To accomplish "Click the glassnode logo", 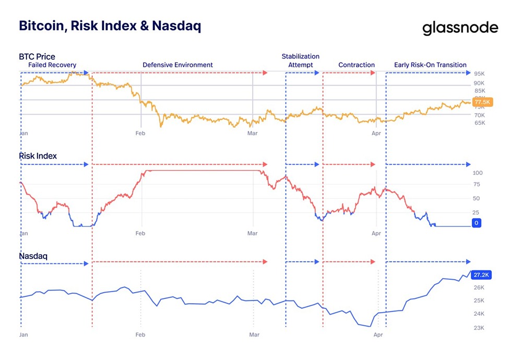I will click(460, 28).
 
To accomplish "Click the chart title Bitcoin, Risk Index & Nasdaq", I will click(110, 26).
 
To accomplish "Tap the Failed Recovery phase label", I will click(52, 65).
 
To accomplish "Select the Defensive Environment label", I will click(177, 65).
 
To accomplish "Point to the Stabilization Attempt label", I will click(301, 61).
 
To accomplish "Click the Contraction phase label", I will click(357, 65).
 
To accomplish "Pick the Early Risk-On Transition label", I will click(430, 65).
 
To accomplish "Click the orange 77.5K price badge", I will click(482, 102).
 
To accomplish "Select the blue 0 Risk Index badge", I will click(477, 223).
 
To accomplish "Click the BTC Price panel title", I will click(37, 56).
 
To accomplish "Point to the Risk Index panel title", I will click(38, 156).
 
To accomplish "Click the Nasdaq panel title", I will click(33, 256).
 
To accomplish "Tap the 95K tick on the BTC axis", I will click(479, 74).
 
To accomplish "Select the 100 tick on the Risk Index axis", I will click(477, 173).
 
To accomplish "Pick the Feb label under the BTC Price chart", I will click(140, 134).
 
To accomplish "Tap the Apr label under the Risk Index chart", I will click(376, 234).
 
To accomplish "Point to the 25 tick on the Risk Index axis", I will click(476, 212).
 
